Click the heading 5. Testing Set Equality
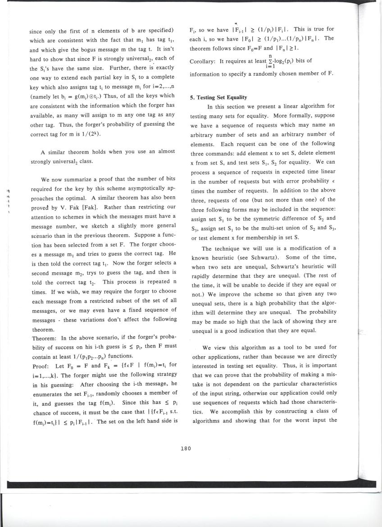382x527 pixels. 218,97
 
